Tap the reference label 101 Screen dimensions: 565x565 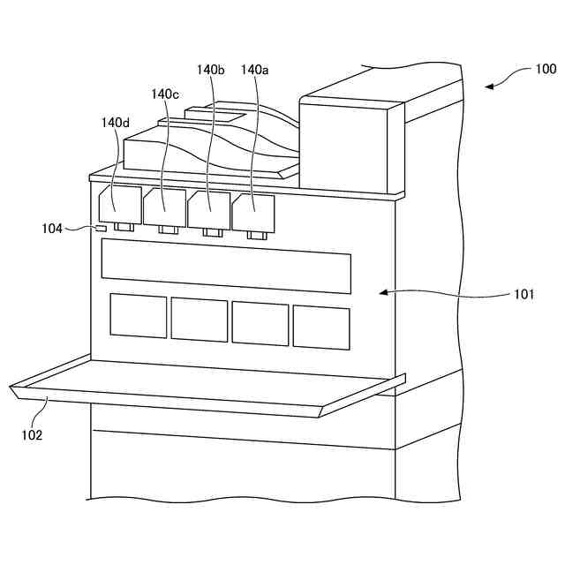[x=524, y=296]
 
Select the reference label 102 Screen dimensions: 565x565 [x=33, y=433]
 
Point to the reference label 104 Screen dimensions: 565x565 [x=52, y=229]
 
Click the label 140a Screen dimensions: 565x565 [x=254, y=69]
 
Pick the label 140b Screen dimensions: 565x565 [x=210, y=69]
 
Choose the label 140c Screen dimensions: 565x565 [x=164, y=94]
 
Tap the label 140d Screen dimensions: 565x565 [x=115, y=124]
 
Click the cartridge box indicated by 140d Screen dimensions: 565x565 [x=120, y=204]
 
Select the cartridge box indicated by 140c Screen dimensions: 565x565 [x=164, y=207]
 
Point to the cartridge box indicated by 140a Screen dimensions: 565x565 [x=253, y=213]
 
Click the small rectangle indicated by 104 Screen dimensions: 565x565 [x=102, y=230]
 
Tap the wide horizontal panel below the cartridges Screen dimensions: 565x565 [x=226, y=267]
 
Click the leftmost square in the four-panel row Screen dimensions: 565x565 [x=138, y=316]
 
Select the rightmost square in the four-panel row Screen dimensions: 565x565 [x=321, y=327]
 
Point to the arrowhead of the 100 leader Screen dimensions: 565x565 [x=487, y=86]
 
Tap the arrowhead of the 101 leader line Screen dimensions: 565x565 [x=380, y=290]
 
